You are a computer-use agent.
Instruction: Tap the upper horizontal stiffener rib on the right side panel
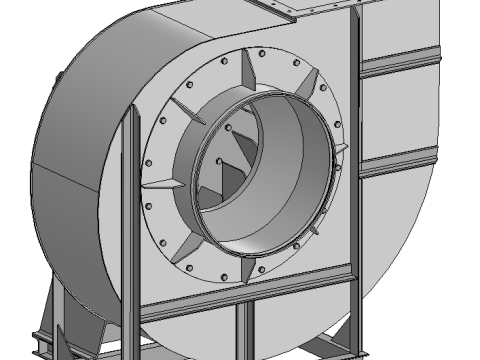coord(400,66)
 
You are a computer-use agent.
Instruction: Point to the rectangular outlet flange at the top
coord(300,9)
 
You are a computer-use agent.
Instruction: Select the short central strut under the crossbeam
coord(242,330)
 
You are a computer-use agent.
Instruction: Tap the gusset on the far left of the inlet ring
coord(160,184)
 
